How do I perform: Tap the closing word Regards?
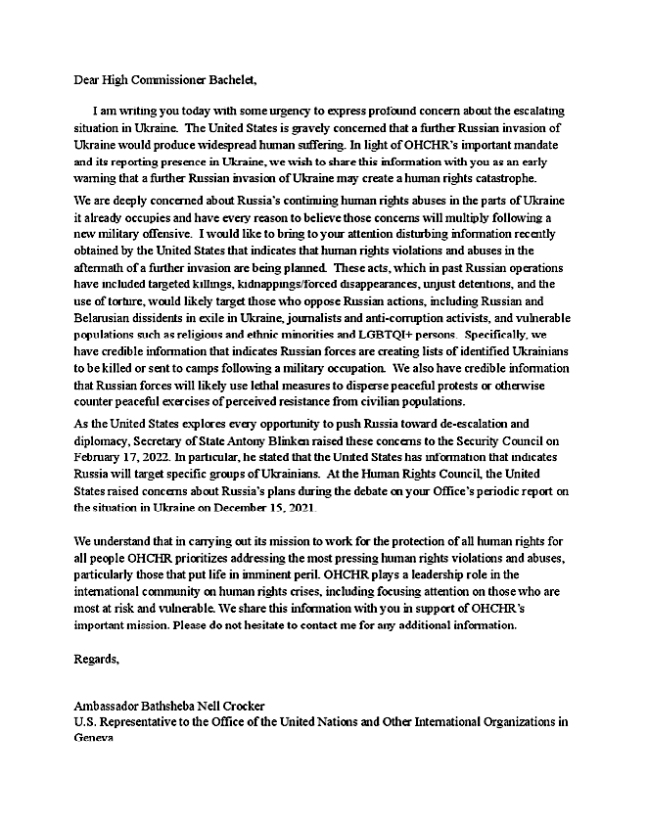pos(97,659)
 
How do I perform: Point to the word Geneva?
pos(94,739)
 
